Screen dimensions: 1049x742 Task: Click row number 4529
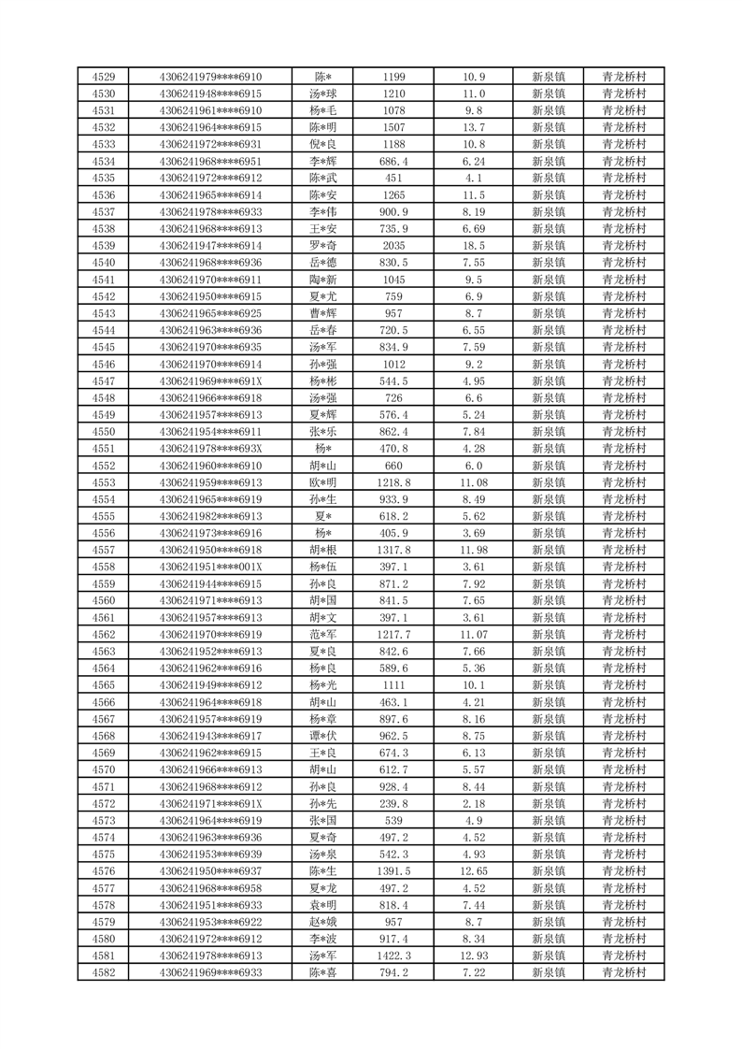tap(104, 77)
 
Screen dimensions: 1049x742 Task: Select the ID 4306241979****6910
tap(210, 77)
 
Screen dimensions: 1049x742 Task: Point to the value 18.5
tap(474, 245)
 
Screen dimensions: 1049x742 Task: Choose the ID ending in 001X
tap(210, 567)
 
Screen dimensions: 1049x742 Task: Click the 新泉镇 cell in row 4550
tap(548, 431)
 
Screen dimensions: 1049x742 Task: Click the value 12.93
tap(474, 956)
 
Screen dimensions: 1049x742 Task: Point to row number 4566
tap(104, 702)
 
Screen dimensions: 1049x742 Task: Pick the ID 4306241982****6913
tap(210, 516)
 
